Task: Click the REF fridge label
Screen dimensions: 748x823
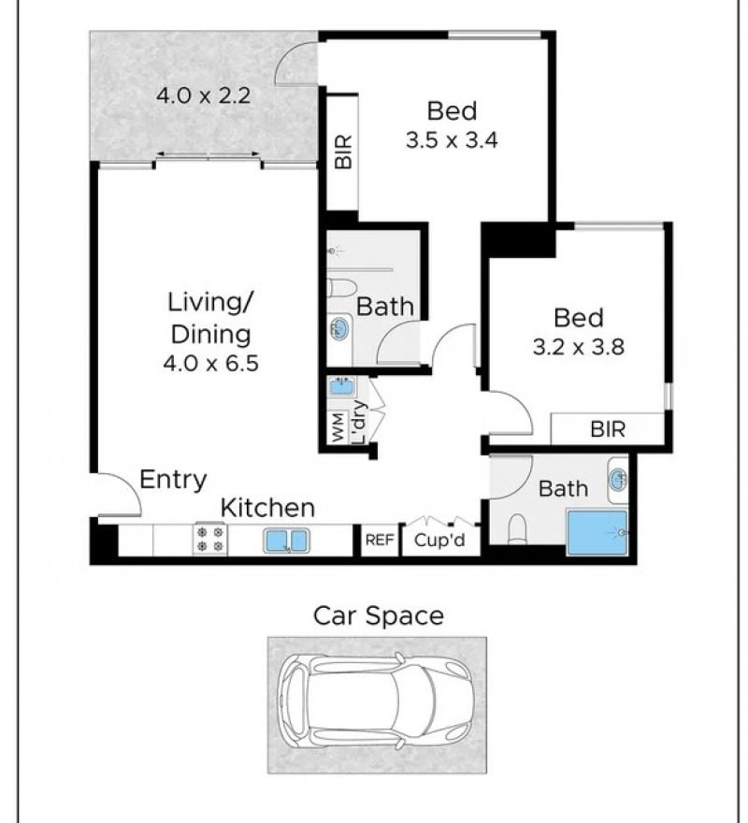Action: pyautogui.click(x=380, y=540)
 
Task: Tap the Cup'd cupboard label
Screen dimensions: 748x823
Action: pyautogui.click(x=439, y=541)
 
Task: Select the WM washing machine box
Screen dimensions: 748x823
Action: pyautogui.click(x=338, y=426)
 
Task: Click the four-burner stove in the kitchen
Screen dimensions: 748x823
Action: pyautogui.click(x=210, y=539)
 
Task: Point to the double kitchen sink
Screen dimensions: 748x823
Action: pyautogui.click(x=286, y=541)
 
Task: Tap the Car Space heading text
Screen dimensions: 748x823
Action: pyautogui.click(x=378, y=615)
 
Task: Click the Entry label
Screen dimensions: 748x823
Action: pyautogui.click(x=173, y=481)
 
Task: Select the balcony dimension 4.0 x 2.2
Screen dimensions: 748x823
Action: pyautogui.click(x=203, y=95)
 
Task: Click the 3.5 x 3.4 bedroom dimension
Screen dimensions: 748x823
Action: pyautogui.click(x=452, y=140)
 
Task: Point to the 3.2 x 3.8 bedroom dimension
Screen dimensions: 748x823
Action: pyautogui.click(x=579, y=347)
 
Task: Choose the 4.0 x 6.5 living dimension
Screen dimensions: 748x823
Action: pyautogui.click(x=211, y=363)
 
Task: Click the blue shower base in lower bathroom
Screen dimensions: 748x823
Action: pyautogui.click(x=597, y=533)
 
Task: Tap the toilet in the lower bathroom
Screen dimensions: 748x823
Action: pyautogui.click(x=518, y=528)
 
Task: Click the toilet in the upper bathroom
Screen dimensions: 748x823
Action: pyautogui.click(x=341, y=288)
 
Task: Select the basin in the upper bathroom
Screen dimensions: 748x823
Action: pyautogui.click(x=339, y=329)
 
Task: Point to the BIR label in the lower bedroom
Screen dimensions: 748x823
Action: pyautogui.click(x=608, y=429)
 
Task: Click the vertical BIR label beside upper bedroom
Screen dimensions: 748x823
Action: pyautogui.click(x=343, y=152)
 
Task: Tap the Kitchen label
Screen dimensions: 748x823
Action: pyautogui.click(x=267, y=508)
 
